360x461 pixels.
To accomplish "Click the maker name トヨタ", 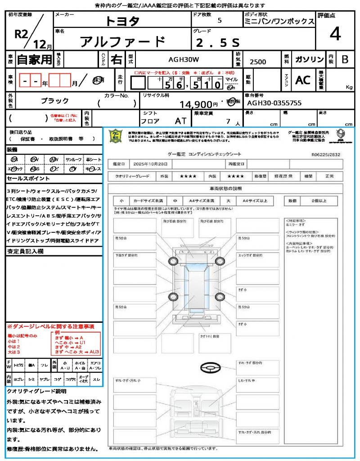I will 122,21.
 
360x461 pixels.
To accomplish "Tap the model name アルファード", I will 122,42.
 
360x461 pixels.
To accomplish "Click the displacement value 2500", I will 257,62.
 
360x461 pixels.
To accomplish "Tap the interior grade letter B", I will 345,59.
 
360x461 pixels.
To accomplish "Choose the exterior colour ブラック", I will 55,100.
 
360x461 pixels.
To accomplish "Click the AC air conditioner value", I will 303,80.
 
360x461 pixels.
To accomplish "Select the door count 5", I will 219,21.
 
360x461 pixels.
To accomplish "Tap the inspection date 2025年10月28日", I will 153,164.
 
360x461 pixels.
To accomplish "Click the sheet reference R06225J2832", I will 326,154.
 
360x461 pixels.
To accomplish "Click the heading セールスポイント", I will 25,179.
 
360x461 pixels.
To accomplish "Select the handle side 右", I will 116,59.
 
